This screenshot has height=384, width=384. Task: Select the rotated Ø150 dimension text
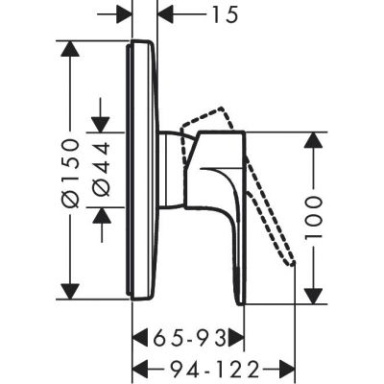click(x=71, y=169)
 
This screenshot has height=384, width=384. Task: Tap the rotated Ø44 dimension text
click(x=102, y=169)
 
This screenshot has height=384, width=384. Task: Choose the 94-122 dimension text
click(x=204, y=367)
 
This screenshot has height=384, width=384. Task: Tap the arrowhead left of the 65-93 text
click(x=138, y=337)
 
